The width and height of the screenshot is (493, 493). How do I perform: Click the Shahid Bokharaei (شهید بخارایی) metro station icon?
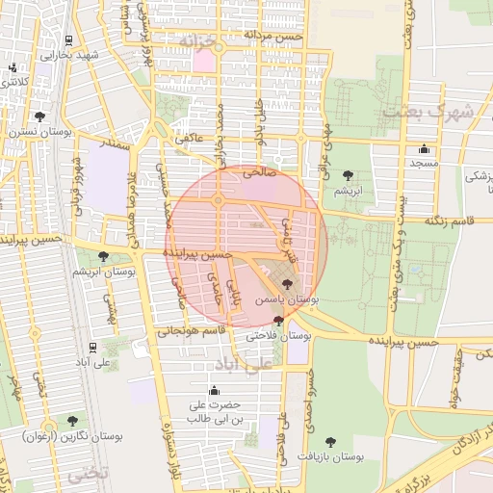[68, 41]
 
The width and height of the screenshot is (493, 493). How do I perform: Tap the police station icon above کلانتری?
[13, 68]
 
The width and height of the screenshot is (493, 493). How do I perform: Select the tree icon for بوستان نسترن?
[40, 117]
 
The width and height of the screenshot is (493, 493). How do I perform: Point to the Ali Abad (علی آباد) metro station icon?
[91, 348]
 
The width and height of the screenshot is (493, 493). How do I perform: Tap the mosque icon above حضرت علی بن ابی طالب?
[214, 391]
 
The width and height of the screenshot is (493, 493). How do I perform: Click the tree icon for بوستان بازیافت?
[330, 441]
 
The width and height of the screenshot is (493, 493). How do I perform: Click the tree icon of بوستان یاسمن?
[287, 283]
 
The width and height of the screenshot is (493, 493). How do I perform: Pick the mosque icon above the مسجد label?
[424, 148]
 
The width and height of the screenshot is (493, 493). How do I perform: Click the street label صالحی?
[260, 173]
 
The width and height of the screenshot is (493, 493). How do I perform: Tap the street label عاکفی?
[189, 139]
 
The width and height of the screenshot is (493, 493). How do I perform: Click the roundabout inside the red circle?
[219, 200]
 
